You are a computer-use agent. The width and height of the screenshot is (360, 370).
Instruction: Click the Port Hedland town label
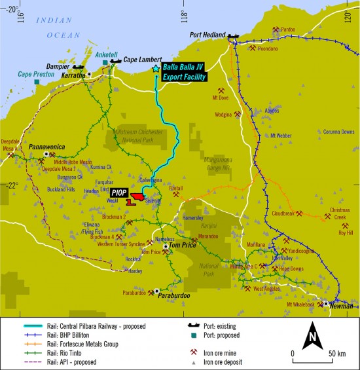207,35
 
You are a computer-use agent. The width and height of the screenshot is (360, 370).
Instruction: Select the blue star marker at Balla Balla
156,68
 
